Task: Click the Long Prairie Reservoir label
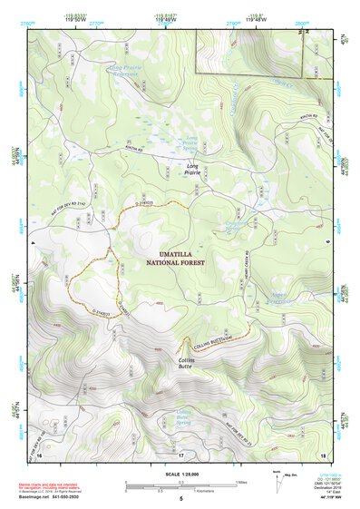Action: tap(127, 69)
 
